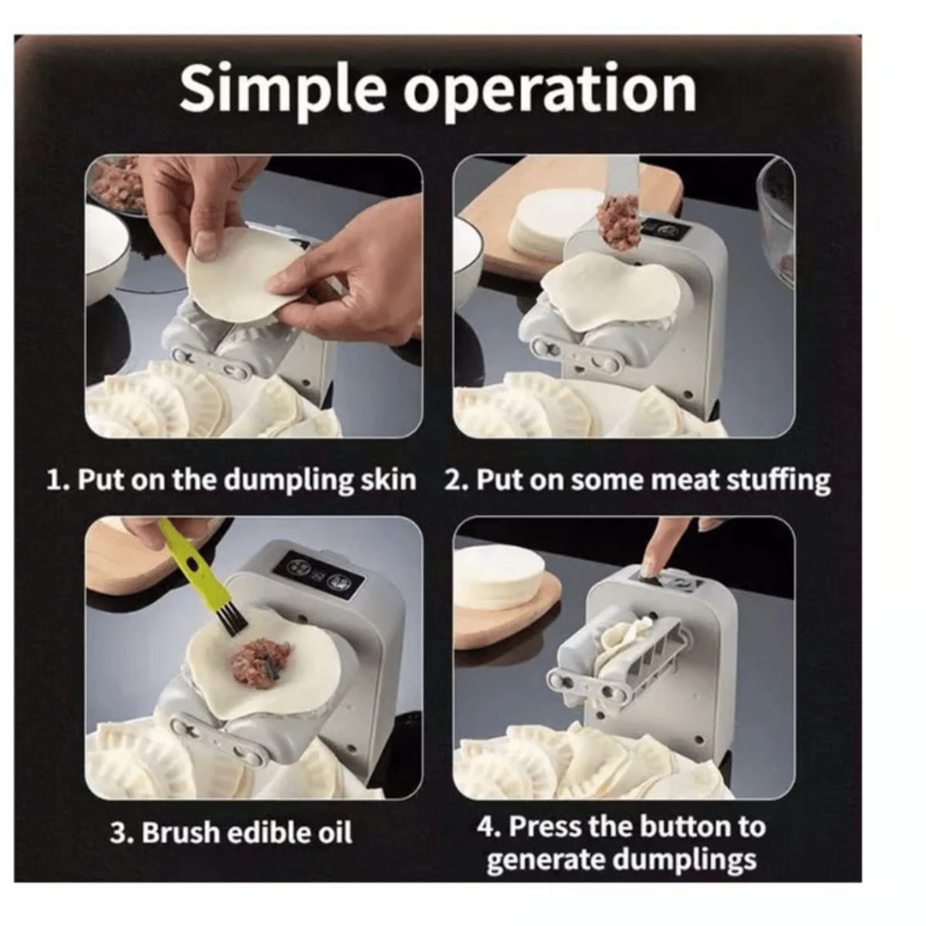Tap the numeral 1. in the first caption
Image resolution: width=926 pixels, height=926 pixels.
pyautogui.click(x=57, y=479)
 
